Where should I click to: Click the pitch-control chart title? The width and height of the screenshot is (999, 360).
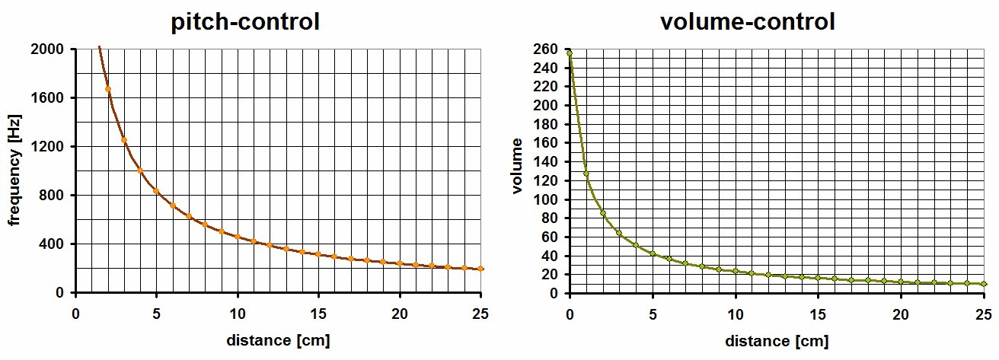coord(245,22)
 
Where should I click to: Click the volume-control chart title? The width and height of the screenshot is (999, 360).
coord(748,22)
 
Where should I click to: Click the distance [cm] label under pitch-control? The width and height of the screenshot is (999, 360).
coord(278,339)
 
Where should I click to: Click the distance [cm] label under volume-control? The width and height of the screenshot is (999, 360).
coord(777,341)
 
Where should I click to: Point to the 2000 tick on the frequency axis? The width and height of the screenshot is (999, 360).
coord(51,49)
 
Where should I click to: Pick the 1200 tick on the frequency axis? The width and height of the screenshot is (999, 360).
coord(51,147)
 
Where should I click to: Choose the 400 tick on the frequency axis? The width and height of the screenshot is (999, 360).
coord(54,244)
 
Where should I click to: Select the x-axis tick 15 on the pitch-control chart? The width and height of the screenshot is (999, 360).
coord(318,313)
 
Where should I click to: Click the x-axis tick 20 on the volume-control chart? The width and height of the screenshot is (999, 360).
coord(901,313)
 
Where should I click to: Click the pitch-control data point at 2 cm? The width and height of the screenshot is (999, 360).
coord(108,89)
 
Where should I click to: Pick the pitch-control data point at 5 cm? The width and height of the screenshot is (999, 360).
coord(157,191)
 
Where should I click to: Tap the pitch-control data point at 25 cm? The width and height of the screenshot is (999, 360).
coord(481,269)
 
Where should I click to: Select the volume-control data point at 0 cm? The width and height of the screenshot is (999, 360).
coord(570,53)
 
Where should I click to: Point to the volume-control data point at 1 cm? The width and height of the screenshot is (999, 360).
coord(586,174)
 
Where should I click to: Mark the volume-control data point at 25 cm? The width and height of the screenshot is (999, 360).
coord(984,284)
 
